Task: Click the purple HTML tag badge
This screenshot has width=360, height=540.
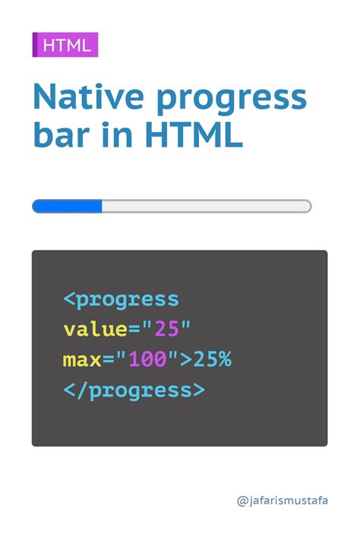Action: pos(66,45)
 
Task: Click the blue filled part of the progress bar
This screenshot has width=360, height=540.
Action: pos(67,206)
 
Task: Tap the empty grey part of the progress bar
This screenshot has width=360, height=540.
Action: pos(205,206)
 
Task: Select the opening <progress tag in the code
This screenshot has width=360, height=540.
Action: pos(121,299)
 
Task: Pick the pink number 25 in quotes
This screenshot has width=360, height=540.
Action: pos(166,330)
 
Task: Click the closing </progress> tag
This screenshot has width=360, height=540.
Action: pos(134,390)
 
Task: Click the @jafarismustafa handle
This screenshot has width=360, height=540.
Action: pos(283,501)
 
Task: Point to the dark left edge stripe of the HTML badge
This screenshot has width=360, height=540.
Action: pos(35,45)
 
